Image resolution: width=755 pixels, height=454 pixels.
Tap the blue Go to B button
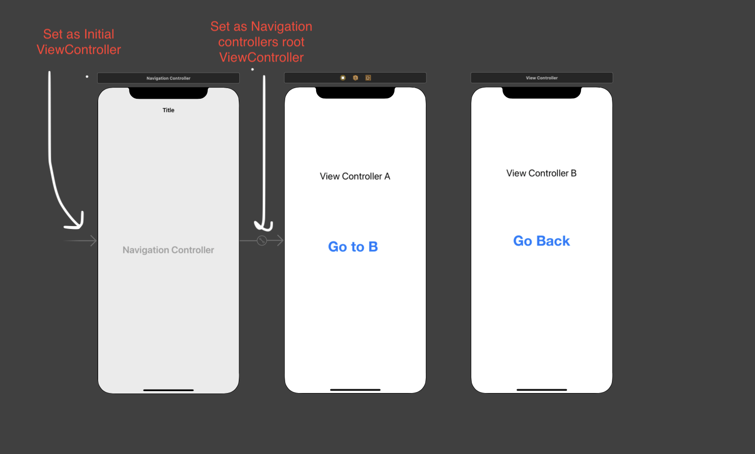pyautogui.click(x=353, y=247)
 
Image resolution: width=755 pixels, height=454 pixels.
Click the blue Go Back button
pyautogui.click(x=541, y=241)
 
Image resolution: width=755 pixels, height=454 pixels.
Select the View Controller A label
pyautogui.click(x=355, y=176)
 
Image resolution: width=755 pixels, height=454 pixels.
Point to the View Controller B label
pyautogui.click(x=541, y=173)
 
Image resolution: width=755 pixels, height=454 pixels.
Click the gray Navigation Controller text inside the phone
pyautogui.click(x=168, y=250)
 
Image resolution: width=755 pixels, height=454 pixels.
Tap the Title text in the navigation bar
pyautogui.click(x=168, y=110)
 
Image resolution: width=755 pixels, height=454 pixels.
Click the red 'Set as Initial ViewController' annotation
pyautogui.click(x=78, y=42)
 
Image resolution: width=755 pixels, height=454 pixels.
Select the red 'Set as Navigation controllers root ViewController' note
pyautogui.click(x=261, y=42)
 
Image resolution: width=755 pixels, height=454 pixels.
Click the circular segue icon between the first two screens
pyautogui.click(x=262, y=241)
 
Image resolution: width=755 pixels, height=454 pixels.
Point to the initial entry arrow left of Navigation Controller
pyautogui.click(x=80, y=241)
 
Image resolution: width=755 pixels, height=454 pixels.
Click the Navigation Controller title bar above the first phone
pyautogui.click(x=168, y=78)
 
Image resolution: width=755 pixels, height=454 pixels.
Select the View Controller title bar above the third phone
pyautogui.click(x=542, y=77)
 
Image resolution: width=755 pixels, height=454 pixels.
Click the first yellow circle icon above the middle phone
pyautogui.click(x=343, y=77)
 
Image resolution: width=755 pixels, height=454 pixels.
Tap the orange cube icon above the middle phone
pyautogui.click(x=355, y=77)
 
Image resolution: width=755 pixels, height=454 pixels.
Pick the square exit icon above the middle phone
pyautogui.click(x=368, y=77)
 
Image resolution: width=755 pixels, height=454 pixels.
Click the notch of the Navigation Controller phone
pyautogui.click(x=168, y=93)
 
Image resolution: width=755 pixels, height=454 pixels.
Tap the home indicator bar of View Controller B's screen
pyautogui.click(x=542, y=390)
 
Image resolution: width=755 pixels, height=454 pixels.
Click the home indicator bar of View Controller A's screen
pyautogui.click(x=355, y=390)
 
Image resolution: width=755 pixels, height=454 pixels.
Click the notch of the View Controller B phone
pyautogui.click(x=542, y=92)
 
